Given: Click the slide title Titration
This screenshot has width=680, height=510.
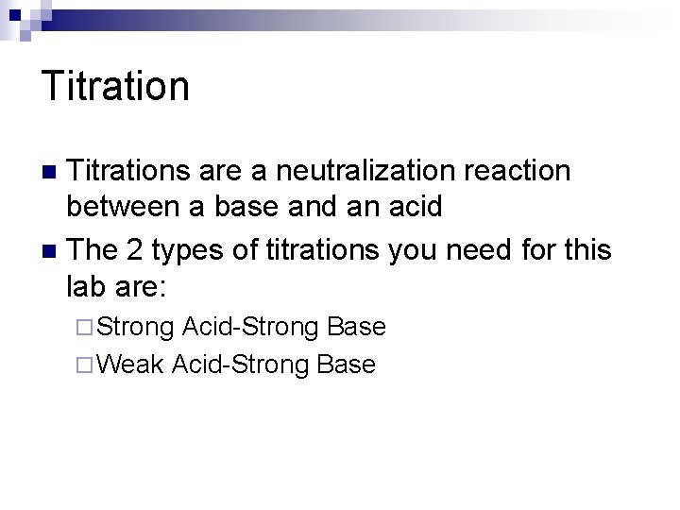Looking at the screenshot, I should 115,86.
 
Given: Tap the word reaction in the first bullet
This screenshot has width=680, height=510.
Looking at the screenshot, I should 518,171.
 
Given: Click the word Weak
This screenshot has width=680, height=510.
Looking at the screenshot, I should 130,364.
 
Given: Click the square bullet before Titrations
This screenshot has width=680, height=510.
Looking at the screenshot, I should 52,172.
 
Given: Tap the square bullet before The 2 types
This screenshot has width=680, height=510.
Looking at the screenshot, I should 52,251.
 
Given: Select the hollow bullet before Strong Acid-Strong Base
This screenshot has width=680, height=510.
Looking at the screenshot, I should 86,328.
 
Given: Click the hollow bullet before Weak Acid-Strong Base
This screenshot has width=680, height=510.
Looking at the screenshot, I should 86,365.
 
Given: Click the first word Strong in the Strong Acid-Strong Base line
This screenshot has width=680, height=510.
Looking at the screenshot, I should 135,327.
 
